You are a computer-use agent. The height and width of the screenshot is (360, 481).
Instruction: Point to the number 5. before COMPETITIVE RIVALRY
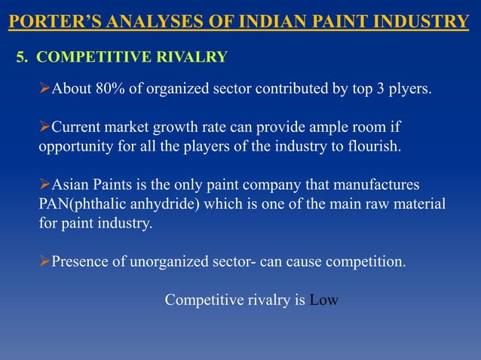pyautogui.click(x=23, y=56)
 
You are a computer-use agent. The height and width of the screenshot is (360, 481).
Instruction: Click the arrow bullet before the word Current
pyautogui.click(x=44, y=126)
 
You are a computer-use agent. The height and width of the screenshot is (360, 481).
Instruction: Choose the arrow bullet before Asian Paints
pyautogui.click(x=44, y=185)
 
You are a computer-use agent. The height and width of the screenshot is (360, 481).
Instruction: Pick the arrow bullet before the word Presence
pyautogui.click(x=44, y=262)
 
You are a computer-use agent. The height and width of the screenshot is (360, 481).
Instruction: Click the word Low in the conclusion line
pyautogui.click(x=324, y=300)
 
